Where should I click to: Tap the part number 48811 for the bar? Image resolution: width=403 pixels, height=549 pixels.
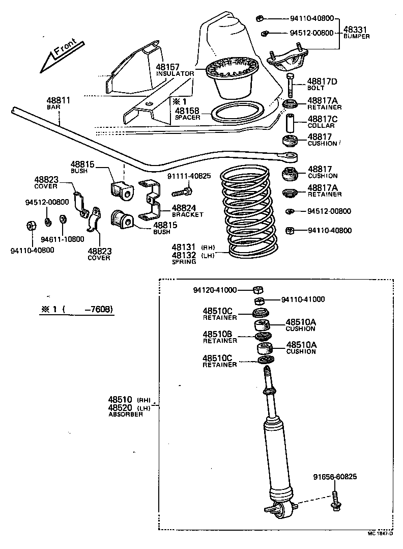(x=59, y=101)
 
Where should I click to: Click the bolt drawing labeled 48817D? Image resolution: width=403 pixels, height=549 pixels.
(x=290, y=86)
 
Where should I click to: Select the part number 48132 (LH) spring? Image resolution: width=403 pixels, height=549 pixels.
(x=184, y=255)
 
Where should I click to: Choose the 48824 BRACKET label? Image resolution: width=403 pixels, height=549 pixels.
(x=187, y=210)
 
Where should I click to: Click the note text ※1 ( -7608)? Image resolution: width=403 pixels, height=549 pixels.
(x=76, y=309)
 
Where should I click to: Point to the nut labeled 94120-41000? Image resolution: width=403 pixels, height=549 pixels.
(x=257, y=290)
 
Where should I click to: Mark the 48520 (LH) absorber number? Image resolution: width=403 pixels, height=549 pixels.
(x=120, y=408)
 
